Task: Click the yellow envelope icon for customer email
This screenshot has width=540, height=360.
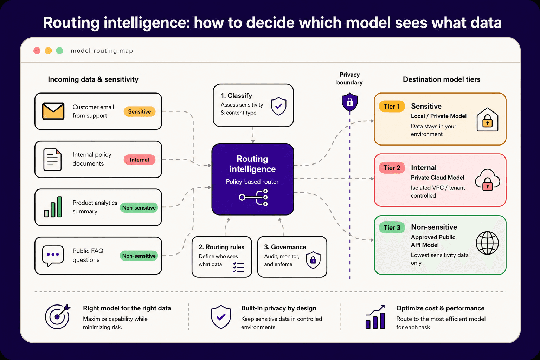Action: tap(53, 111)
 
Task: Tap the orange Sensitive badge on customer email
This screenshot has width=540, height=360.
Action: tap(139, 111)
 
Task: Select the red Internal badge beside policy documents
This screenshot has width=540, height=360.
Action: tap(139, 160)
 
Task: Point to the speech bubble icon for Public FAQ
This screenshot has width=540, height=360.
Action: tap(53, 255)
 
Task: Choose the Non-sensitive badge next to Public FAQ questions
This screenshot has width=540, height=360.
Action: tap(139, 256)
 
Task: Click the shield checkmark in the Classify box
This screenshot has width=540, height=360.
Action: tap(278, 106)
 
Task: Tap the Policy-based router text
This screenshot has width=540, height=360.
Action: tap(252, 182)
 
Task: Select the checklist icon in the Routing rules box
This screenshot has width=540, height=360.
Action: tap(239, 267)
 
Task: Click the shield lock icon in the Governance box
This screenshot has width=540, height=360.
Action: tap(313, 260)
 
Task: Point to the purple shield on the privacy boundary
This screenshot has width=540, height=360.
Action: tap(350, 102)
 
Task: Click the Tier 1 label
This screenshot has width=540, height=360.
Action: tap(392, 107)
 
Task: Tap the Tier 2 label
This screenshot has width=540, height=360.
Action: tap(392, 168)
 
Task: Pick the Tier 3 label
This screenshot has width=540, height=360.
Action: tap(392, 228)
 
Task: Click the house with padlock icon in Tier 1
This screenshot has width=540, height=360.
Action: tap(487, 120)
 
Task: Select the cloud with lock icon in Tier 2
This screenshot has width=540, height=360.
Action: tap(487, 180)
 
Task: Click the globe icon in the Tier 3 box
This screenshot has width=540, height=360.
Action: tap(487, 243)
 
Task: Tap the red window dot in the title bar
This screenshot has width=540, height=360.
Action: tap(37, 51)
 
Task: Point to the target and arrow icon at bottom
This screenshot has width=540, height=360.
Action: tap(58, 316)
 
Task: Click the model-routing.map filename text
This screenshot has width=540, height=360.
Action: tap(102, 51)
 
